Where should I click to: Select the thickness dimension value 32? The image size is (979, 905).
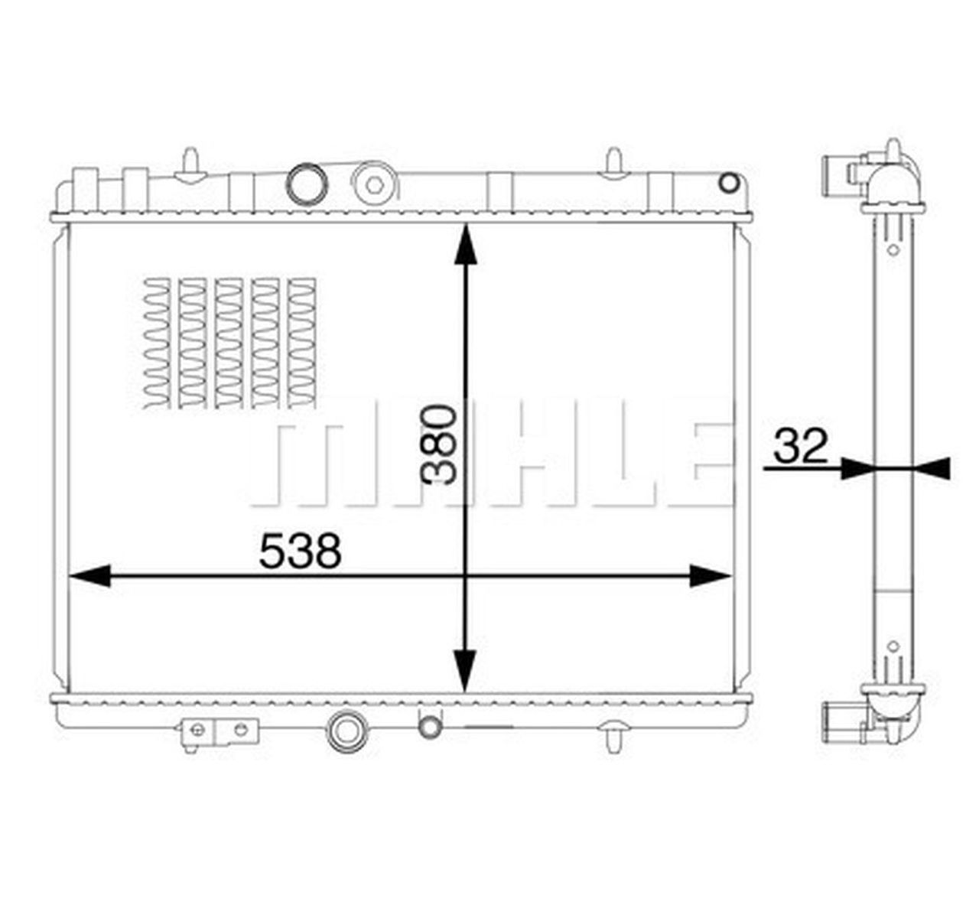tap(800, 447)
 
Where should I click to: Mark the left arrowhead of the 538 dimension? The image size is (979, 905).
tap(89, 576)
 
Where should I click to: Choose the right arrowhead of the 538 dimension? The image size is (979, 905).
tap(711, 576)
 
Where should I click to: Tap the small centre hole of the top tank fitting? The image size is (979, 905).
tap(373, 184)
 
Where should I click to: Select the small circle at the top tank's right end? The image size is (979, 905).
tap(730, 182)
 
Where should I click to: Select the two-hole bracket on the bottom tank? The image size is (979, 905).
tap(220, 731)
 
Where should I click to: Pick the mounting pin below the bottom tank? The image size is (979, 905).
tap(613, 735)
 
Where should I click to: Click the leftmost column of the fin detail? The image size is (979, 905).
tap(156, 342)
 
